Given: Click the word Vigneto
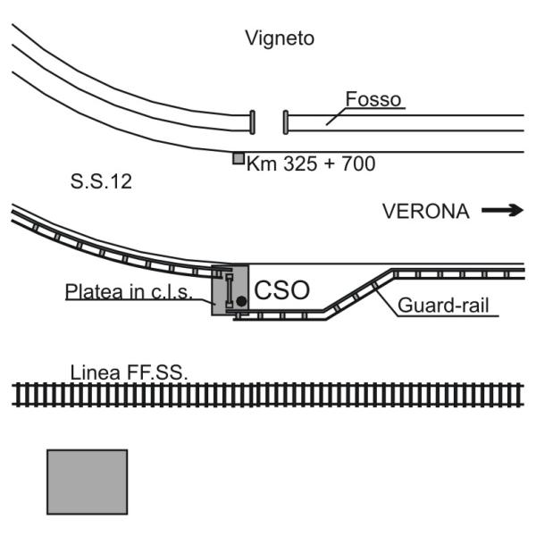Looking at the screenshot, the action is click(280, 38).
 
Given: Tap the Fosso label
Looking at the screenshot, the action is click(373, 99).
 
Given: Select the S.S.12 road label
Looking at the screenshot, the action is click(101, 181).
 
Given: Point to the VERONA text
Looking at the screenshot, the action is click(426, 211).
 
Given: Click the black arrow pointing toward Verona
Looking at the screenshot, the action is click(502, 210).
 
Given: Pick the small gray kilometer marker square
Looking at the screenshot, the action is click(239, 159).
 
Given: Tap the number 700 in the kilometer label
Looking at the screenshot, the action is click(358, 163).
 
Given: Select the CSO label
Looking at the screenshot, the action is click(282, 290).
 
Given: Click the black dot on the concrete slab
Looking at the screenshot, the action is click(241, 301).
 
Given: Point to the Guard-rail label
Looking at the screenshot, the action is click(443, 306).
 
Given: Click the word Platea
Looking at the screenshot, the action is click(94, 292).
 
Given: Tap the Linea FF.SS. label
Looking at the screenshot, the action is click(130, 373).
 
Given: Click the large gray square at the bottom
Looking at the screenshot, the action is click(88, 482).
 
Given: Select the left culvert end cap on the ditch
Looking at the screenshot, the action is click(252, 122).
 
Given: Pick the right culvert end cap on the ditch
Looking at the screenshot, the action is click(286, 122).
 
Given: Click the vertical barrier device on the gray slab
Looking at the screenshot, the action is click(230, 290).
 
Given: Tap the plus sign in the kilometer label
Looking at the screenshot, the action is click(330, 163).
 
